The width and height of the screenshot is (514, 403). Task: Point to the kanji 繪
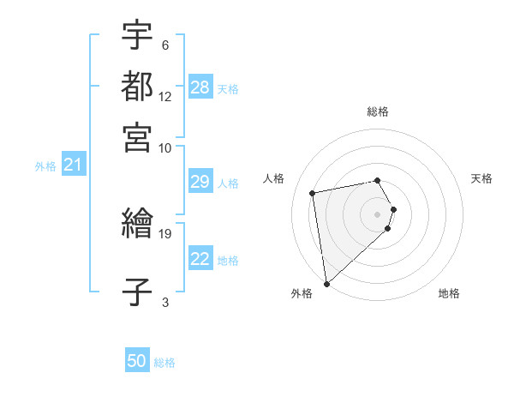click(x=137, y=225)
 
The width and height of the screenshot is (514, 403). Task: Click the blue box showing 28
click(x=200, y=87)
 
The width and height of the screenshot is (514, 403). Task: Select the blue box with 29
click(x=200, y=183)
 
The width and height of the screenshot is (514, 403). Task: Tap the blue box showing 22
click(x=200, y=259)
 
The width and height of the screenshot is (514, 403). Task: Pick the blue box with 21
click(x=73, y=165)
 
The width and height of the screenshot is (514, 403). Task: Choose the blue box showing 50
click(x=137, y=361)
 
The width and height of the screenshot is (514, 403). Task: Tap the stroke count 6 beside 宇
click(x=164, y=45)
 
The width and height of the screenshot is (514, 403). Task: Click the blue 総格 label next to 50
click(x=164, y=363)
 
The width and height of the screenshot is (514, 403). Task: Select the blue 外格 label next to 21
click(x=45, y=166)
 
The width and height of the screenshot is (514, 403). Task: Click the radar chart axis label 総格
click(x=378, y=111)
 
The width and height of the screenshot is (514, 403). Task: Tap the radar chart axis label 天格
click(x=481, y=178)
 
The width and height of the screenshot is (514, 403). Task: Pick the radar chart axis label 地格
click(x=449, y=293)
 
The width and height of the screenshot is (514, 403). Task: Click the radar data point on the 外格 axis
click(x=326, y=283)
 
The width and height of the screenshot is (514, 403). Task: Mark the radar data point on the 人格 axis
click(x=313, y=192)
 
